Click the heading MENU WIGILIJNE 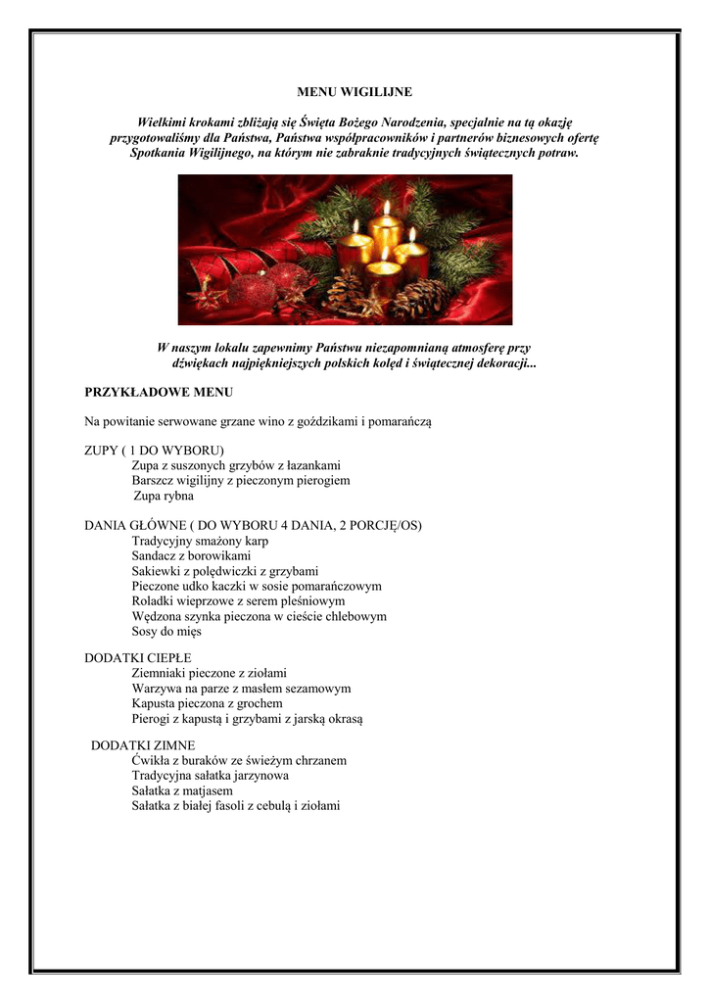[355, 92]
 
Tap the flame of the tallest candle [387, 208]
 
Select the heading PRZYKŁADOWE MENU [159, 393]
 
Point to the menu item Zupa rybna [164, 497]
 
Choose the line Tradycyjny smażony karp [200, 541]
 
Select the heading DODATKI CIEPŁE [138, 657]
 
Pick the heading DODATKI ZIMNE [143, 745]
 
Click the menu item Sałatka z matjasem [182, 790]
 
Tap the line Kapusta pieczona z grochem [207, 703]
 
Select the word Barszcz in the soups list [154, 481]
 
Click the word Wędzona [157, 616]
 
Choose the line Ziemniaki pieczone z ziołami [209, 673]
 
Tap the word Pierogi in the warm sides [152, 719]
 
